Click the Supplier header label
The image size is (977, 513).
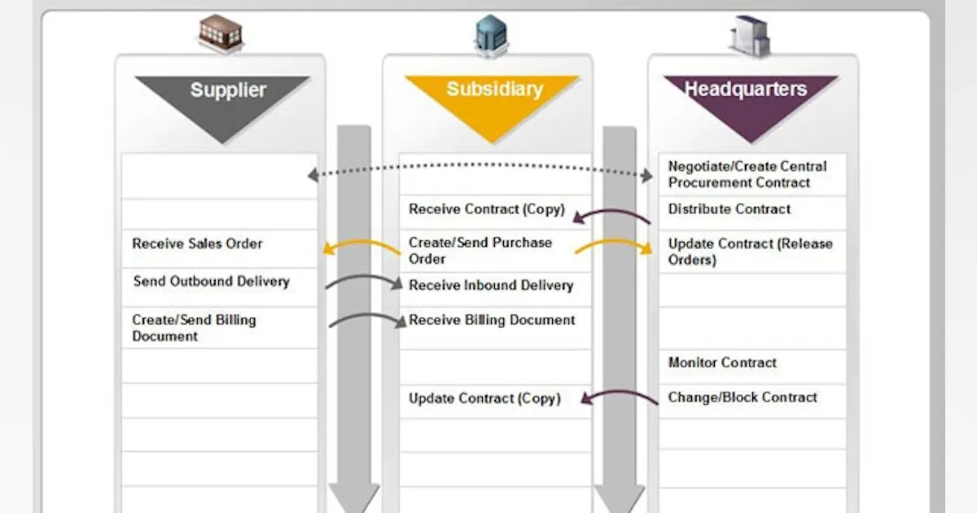point(228,90)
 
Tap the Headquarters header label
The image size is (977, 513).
point(746,89)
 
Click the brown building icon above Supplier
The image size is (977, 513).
point(221,33)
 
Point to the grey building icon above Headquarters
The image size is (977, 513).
point(749,36)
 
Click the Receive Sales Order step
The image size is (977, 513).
point(197,243)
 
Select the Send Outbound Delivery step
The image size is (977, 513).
point(211,282)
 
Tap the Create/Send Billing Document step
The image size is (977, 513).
point(194,328)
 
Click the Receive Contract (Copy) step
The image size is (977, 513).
point(486,209)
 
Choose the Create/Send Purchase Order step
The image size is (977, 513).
point(480,251)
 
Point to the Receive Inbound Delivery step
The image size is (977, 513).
point(491,286)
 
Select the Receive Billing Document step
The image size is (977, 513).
point(492,320)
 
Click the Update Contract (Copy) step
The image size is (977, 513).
point(484,398)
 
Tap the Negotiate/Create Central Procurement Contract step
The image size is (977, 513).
point(747,174)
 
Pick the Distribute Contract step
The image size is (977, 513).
point(729,209)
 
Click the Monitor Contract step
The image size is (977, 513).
point(722,362)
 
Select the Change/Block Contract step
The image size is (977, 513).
point(742,397)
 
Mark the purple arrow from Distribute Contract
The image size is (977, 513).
point(611,215)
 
